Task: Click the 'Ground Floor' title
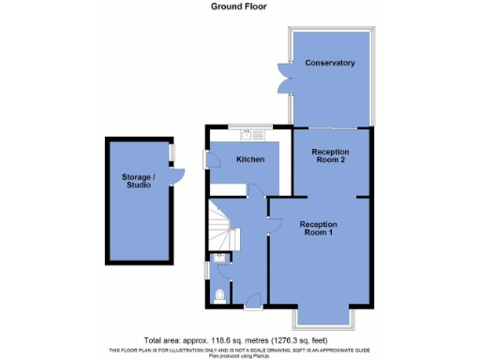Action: pyautogui.click(x=240, y=6)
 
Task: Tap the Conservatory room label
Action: pyautogui.click(x=329, y=63)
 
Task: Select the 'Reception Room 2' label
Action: pyautogui.click(x=330, y=157)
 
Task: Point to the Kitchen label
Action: pyautogui.click(x=249, y=160)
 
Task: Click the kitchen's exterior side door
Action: pyautogui.click(x=208, y=161)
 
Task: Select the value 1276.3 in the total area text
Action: pyautogui.click(x=307, y=339)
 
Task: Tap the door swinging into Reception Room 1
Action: pyautogui.click(x=274, y=222)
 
